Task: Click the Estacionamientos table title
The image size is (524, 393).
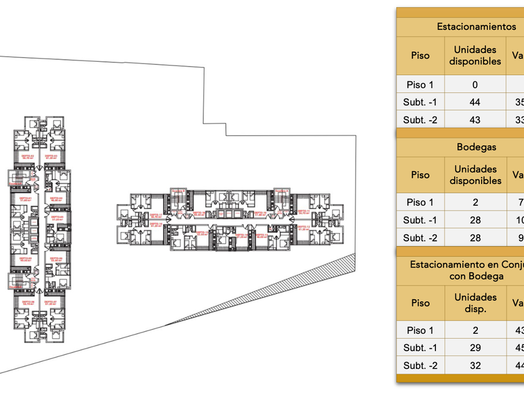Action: click(x=477, y=27)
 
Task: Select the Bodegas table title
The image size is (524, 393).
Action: click(x=477, y=147)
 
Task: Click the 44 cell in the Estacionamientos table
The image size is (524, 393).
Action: click(x=475, y=102)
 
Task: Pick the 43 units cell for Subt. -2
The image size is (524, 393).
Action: click(x=475, y=120)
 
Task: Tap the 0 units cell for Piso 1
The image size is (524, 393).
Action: click(x=475, y=85)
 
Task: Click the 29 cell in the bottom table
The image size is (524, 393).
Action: click(x=475, y=348)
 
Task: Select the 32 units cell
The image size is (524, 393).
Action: click(x=475, y=366)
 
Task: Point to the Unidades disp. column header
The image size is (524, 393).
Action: click(x=475, y=303)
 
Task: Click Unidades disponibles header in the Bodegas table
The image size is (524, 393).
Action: click(x=475, y=175)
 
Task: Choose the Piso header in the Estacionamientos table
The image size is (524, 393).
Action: click(x=420, y=55)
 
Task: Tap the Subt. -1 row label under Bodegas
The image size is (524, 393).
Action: click(x=420, y=220)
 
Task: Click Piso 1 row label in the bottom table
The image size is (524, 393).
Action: click(x=420, y=331)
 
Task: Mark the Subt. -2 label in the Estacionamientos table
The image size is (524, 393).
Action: click(x=420, y=120)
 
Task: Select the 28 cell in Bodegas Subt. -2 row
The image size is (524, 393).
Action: click(x=475, y=238)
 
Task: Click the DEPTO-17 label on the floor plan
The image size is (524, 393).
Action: click(x=156, y=215)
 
